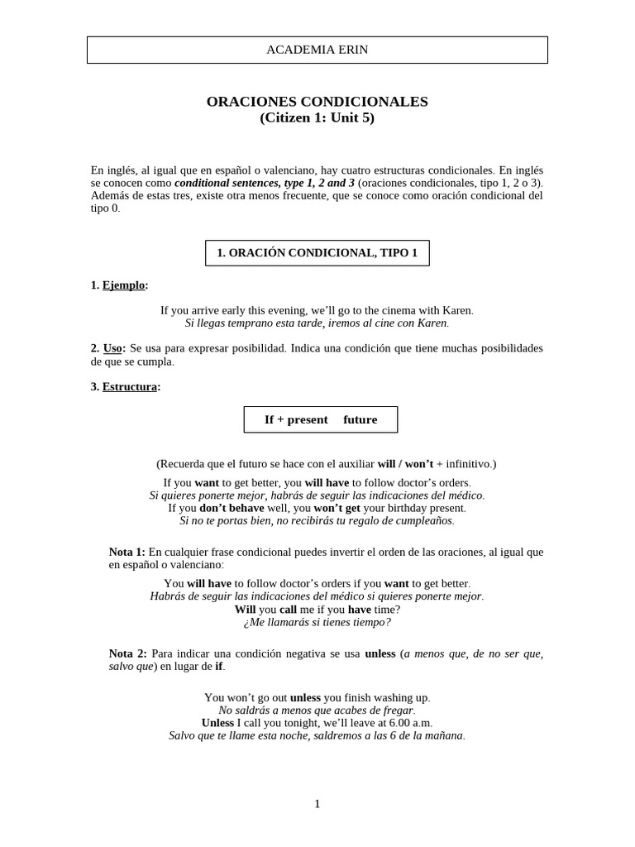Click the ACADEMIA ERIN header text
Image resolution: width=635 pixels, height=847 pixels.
(317, 50)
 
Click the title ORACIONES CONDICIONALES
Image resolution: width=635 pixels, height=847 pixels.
(317, 102)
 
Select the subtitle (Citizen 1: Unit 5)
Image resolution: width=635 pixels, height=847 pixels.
(317, 117)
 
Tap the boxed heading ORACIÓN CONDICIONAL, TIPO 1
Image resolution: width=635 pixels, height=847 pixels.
(317, 253)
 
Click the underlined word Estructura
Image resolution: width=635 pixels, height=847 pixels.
(129, 386)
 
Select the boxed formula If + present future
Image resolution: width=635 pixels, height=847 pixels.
(320, 419)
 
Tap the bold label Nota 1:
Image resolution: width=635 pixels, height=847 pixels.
(127, 552)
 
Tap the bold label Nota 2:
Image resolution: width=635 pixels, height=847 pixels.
(127, 653)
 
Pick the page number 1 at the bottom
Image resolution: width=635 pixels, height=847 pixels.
(317, 804)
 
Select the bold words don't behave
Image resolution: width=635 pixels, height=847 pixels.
(232, 508)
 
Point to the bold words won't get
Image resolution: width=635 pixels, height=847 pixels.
(338, 508)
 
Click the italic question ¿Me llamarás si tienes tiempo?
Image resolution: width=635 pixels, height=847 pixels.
(317, 622)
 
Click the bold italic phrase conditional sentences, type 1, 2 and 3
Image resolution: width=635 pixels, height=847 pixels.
(265, 183)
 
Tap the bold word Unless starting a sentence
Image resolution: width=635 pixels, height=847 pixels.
(218, 722)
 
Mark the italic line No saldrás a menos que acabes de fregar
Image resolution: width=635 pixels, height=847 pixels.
(317, 710)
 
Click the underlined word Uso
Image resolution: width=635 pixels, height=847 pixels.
(112, 348)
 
